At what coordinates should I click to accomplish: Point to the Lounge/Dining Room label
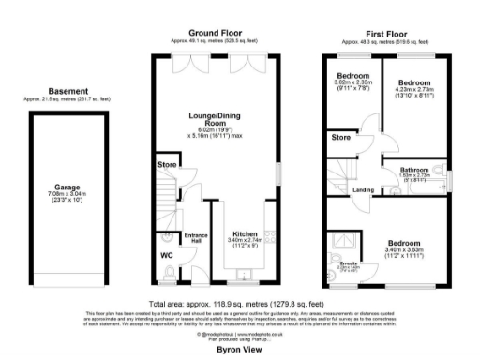(x=217, y=120)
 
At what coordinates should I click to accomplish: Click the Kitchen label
(x=245, y=233)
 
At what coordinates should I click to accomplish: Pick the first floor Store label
(x=341, y=138)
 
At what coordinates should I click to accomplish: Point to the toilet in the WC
(x=165, y=273)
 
